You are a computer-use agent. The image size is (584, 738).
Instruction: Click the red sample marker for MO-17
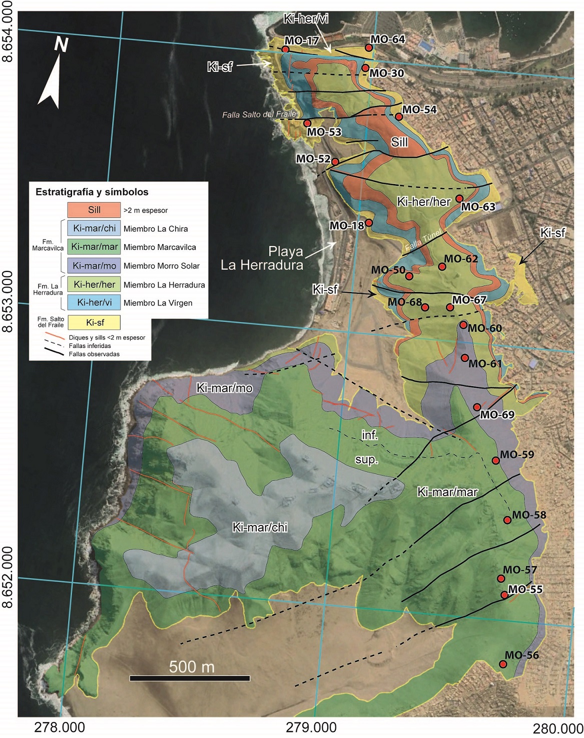coord(285,49)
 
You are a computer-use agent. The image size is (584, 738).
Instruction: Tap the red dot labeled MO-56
coord(503,664)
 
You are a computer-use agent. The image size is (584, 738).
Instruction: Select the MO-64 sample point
coord(369,47)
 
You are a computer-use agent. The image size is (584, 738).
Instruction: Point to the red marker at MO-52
coord(335,161)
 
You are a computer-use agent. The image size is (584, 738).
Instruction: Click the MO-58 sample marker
coord(507,520)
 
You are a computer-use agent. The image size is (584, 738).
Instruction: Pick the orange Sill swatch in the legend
coord(94,210)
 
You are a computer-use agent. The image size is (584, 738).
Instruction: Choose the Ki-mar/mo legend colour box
coord(94,266)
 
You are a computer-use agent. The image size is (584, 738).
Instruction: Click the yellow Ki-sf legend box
coord(94,322)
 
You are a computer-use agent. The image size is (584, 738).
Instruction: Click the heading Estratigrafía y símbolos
coord(92,192)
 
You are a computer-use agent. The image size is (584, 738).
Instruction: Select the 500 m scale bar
coord(190,678)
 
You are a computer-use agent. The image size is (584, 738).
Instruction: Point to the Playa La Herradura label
coord(262,258)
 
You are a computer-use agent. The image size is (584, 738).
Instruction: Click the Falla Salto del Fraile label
coord(259,114)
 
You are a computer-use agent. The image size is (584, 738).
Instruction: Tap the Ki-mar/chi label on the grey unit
coord(260,527)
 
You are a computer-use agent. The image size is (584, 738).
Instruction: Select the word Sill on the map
coord(399,142)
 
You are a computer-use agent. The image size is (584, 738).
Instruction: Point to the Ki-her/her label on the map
coord(424,202)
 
